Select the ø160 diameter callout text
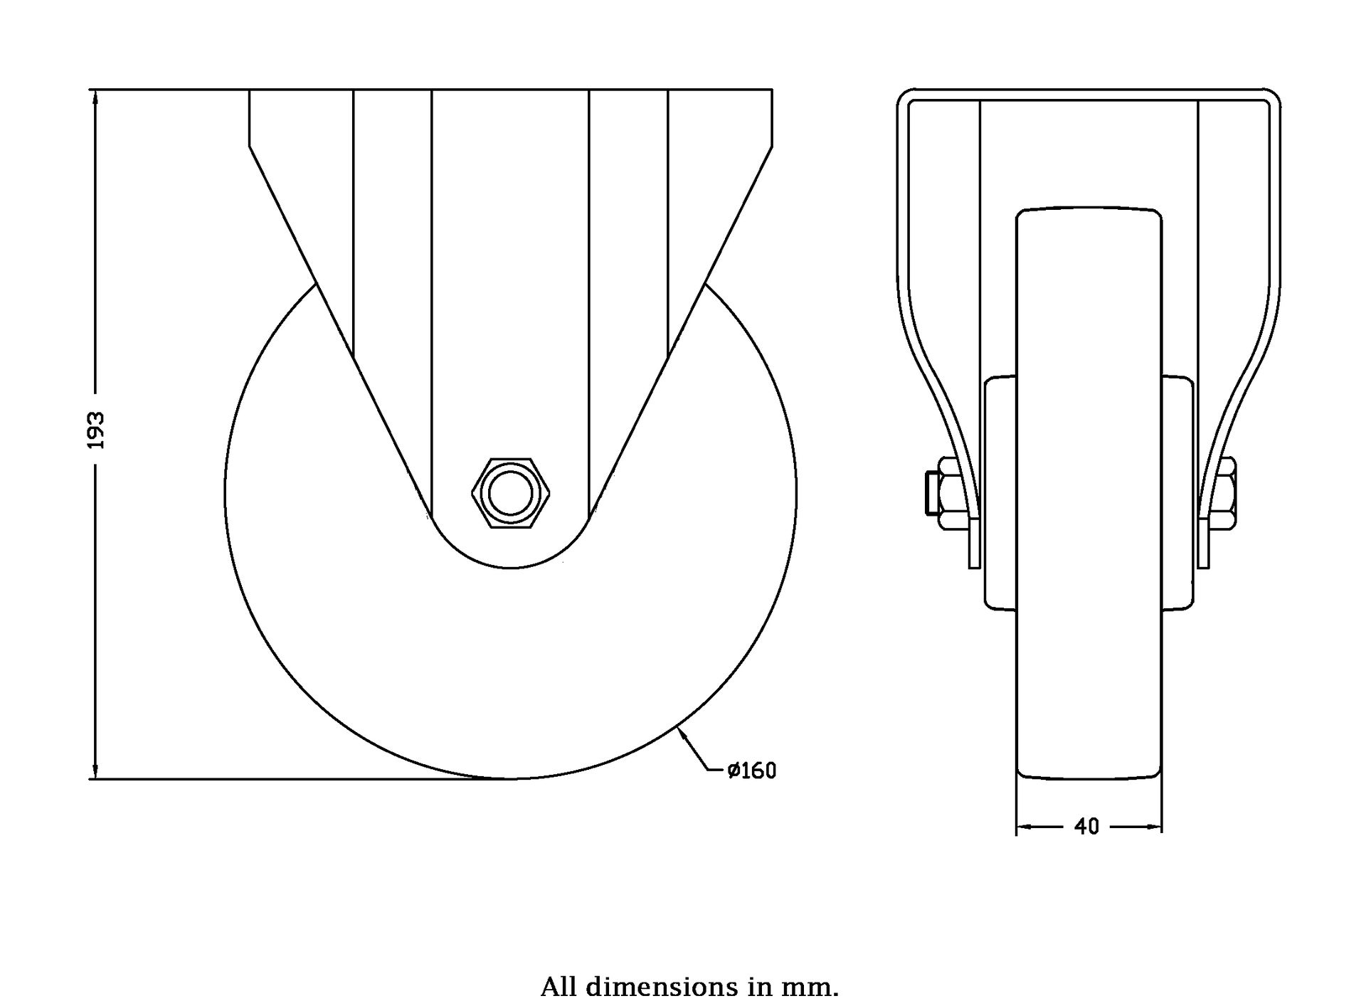pos(751,771)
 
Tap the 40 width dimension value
pos(1086,827)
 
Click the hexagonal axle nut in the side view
pos(511,493)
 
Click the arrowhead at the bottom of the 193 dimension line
pos(95,771)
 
